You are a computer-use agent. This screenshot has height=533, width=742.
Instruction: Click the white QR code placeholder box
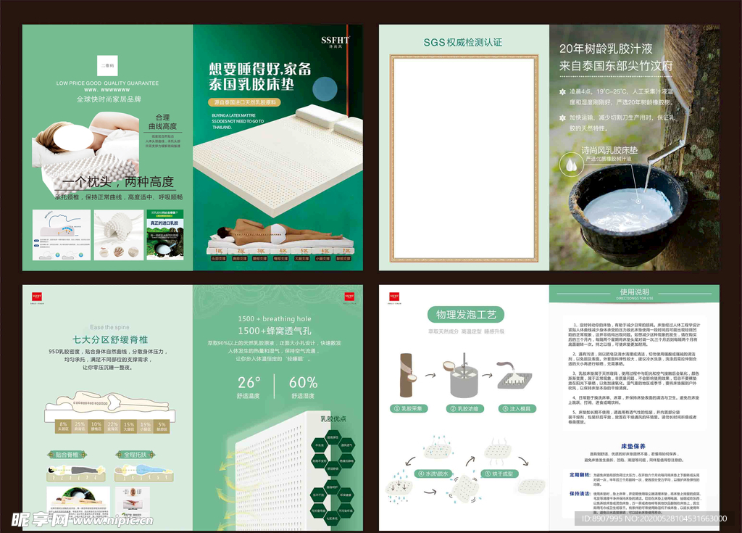107,65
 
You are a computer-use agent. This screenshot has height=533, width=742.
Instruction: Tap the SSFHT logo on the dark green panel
335,41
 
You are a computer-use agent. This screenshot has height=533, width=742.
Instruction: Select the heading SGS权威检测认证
463,43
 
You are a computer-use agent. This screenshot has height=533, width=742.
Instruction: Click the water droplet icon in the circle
572,167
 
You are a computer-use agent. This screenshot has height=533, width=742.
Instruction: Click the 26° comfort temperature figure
249,382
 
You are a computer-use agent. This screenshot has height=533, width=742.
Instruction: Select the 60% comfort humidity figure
303,382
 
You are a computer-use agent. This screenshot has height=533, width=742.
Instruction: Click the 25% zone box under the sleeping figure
80,426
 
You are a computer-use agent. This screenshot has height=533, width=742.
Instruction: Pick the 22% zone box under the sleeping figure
112,426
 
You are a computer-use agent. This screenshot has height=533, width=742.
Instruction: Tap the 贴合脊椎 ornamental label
67,455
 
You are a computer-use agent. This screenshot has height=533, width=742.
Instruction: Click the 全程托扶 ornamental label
134,455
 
